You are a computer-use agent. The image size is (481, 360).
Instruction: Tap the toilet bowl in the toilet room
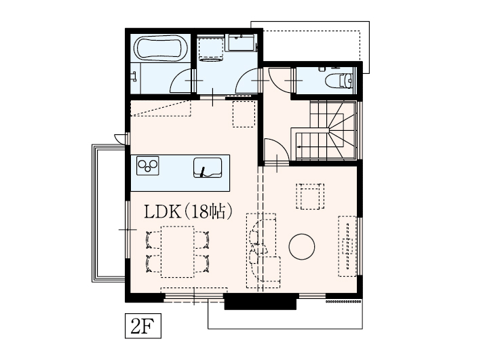pyautogui.click(x=341, y=81)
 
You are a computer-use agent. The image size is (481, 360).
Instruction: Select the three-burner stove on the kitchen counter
pyautogui.click(x=147, y=165)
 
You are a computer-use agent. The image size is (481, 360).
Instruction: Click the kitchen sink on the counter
pyautogui.click(x=208, y=167)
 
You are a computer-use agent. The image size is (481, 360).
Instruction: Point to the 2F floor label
pyautogui.click(x=143, y=325)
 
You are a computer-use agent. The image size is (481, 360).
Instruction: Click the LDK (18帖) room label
pyautogui.click(x=188, y=212)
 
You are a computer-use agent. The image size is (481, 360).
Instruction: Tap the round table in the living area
pyautogui.click(x=301, y=247)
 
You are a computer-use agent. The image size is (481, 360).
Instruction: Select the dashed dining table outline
pyautogui.click(x=178, y=252)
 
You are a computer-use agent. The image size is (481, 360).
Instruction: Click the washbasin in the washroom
pyautogui.click(x=241, y=42)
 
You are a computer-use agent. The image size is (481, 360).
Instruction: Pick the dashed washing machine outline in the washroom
pyautogui.click(x=211, y=48)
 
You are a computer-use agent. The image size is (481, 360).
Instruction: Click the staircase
pyautogui.click(x=325, y=130)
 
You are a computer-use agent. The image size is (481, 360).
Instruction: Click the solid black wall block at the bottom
pyautogui.click(x=261, y=302)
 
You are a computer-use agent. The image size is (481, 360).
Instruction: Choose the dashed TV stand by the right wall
pyautogui.click(x=347, y=246)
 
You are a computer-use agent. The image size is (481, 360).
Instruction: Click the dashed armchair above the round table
pyautogui.click(x=310, y=196)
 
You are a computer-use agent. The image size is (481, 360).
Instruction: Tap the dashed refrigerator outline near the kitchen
pyautogui.click(x=244, y=114)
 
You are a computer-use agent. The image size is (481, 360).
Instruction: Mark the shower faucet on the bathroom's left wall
pyautogui.click(x=134, y=77)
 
